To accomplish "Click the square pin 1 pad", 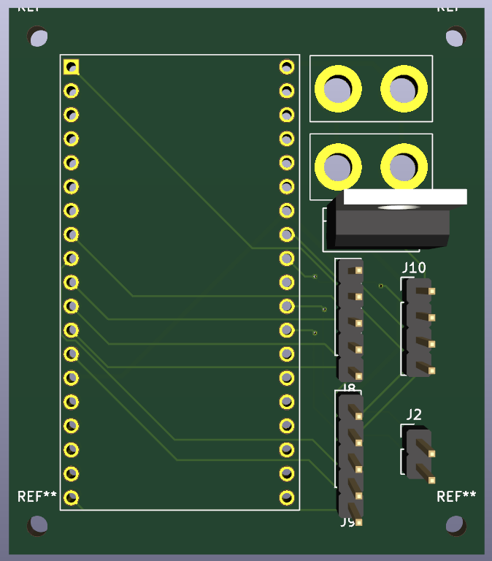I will [71, 67].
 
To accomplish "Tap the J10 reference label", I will [414, 267].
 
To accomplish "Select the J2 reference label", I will [414, 415].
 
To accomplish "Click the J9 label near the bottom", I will [347, 522].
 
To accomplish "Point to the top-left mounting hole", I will [37, 36].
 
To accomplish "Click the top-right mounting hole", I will [456, 36].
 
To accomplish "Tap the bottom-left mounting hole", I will [37, 524].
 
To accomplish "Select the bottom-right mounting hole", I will [456, 524].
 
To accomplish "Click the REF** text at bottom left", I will [37, 497].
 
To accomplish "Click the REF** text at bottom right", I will [456, 497].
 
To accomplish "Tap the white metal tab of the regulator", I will [404, 196].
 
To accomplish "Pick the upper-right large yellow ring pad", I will [403, 89].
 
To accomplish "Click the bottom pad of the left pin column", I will [71, 497].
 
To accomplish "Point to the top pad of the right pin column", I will [287, 67].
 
